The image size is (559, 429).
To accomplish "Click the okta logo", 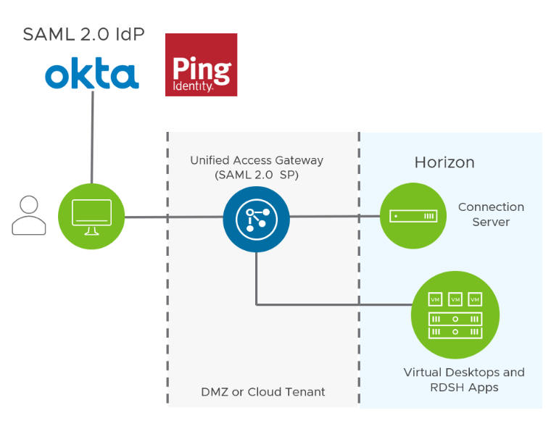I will [x=91, y=75].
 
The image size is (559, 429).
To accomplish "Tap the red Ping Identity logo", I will [x=201, y=64].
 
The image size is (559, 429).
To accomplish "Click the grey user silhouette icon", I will [x=28, y=215].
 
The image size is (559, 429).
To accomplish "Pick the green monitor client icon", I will [x=91, y=217].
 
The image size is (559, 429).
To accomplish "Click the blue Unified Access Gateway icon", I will [x=256, y=216].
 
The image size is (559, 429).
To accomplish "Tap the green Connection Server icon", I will [x=413, y=216].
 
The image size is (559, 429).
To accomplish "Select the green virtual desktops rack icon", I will [x=455, y=315].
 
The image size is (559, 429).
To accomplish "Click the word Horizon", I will [x=444, y=162].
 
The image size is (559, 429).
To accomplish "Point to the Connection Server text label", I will [x=491, y=214].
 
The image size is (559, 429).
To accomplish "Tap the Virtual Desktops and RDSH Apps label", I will [x=464, y=380].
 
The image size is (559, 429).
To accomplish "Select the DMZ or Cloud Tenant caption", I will [x=263, y=392].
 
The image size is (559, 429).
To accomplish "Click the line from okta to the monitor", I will [x=92, y=138].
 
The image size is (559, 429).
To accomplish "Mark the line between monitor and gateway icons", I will [x=174, y=216].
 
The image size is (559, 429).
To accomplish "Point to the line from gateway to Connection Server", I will [x=334, y=216].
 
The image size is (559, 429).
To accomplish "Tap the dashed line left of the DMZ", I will [x=167, y=290].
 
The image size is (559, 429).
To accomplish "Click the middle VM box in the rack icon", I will [x=455, y=299].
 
